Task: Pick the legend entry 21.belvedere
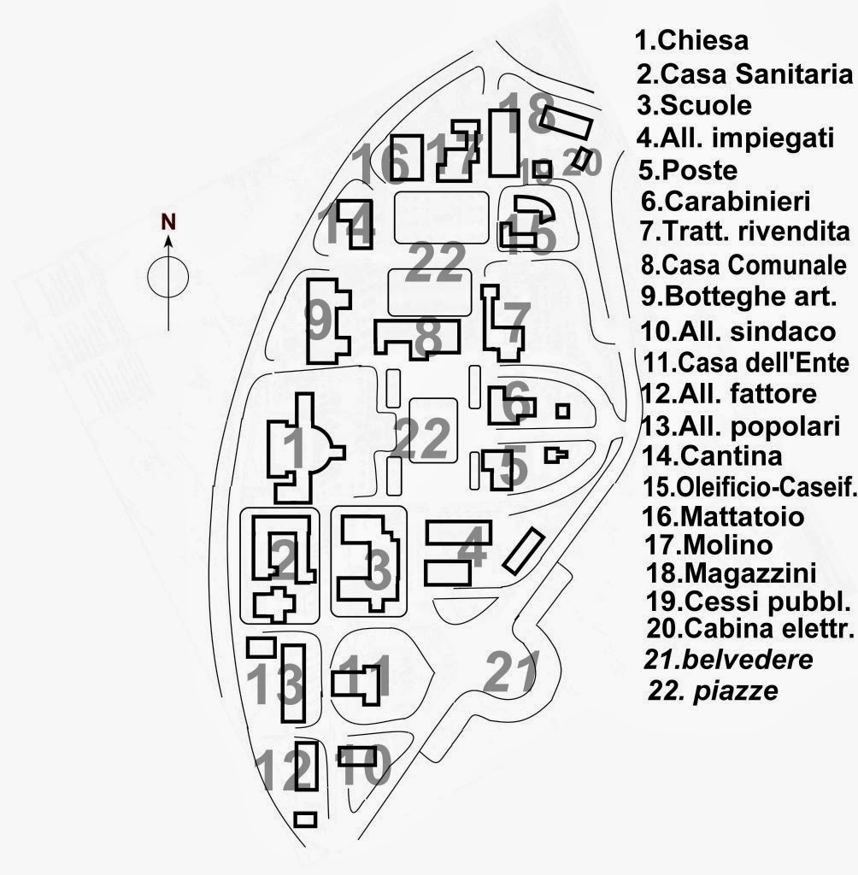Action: tap(729, 660)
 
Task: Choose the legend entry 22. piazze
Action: tap(714, 690)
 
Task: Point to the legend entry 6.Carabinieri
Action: tap(725, 202)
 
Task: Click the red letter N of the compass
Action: tap(169, 222)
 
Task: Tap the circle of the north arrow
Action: tap(168, 275)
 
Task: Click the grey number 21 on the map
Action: tap(512, 672)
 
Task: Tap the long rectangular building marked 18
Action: tap(503, 143)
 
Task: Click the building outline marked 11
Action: tap(356, 685)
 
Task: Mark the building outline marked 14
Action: tap(355, 224)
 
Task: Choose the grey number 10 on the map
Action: tap(366, 766)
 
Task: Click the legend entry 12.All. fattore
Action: tap(726, 395)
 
